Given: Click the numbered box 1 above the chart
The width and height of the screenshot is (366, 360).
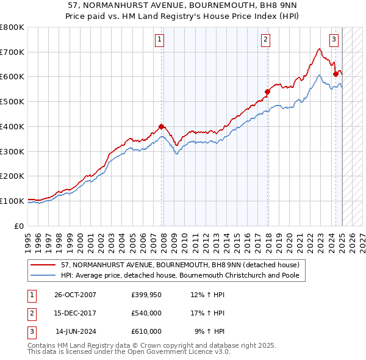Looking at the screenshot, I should pos(159,40).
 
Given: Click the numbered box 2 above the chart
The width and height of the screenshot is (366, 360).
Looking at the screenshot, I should pos(266,40).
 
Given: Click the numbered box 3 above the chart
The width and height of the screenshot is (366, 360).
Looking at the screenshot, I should pos(334,40).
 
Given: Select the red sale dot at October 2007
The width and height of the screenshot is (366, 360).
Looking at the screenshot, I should pos(162,127).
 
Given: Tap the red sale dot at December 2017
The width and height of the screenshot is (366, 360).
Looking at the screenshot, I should pos(267,92).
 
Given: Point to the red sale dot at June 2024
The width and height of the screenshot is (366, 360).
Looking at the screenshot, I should pos(335,74).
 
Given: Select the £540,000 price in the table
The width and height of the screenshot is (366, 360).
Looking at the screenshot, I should pos(146,314).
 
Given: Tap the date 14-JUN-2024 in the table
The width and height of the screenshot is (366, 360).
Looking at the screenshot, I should pos(76,331).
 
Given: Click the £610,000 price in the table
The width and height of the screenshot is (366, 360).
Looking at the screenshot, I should pos(146,331).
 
